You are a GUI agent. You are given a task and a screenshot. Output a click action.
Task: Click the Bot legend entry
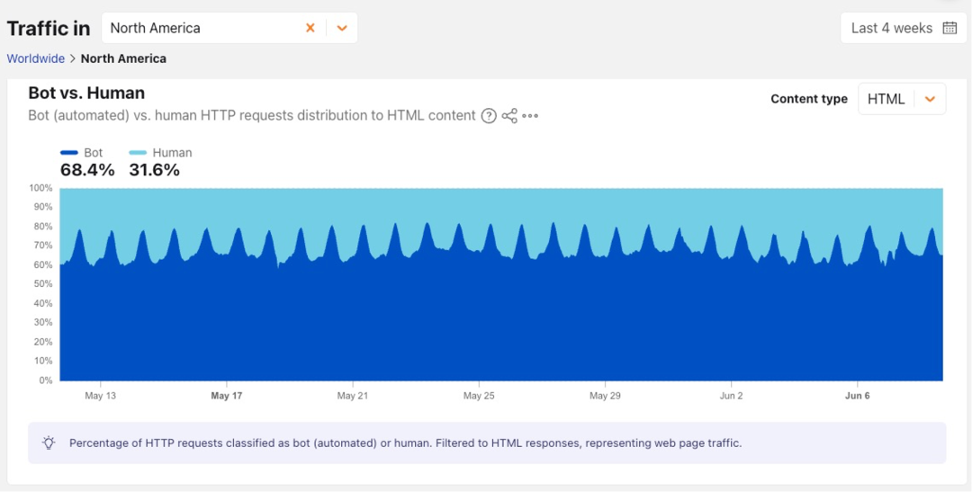pos(82,152)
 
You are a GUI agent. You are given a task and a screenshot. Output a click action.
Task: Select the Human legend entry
pos(160,152)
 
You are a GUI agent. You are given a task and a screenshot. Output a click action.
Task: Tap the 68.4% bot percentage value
pos(87,170)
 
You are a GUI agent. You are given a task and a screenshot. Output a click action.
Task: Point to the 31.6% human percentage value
pos(155,170)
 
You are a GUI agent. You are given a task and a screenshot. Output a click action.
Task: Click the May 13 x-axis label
pos(101,396)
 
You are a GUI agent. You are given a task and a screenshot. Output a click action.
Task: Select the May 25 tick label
pos(480,396)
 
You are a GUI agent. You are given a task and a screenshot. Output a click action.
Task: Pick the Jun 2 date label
pos(732,396)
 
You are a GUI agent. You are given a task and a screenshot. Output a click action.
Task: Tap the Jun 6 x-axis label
pos(858,396)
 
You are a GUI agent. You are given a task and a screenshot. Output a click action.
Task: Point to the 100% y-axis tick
pos(40,188)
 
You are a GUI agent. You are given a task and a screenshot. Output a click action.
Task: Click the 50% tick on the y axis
pos(43,284)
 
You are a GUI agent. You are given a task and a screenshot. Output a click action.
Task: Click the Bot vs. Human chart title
pos(86,93)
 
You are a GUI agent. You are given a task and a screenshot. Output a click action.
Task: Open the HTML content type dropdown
pos(902,99)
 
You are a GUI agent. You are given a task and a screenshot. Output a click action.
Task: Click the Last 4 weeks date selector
pos(903,28)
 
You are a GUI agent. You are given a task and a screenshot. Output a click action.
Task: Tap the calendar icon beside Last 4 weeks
pos(949,28)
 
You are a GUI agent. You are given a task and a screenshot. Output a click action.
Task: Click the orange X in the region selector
pos(310,28)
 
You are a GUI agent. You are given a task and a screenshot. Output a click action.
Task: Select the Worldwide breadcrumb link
pos(36,58)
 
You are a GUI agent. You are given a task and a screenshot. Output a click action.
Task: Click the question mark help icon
pos(489,116)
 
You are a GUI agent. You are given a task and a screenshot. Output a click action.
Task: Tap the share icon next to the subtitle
pos(509,116)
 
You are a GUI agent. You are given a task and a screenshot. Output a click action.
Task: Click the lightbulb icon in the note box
pos(49,443)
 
